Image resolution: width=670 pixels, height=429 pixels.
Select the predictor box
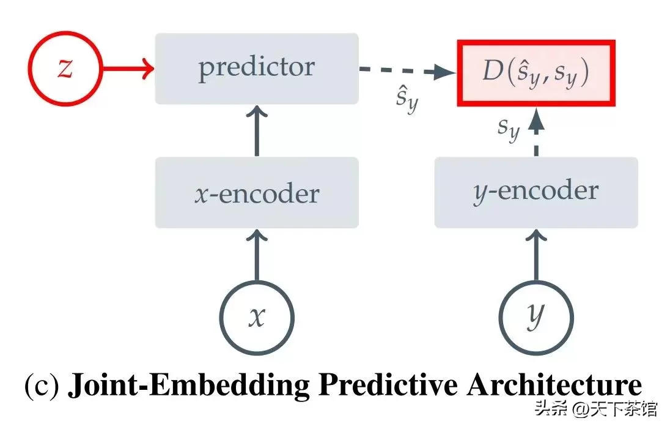256,69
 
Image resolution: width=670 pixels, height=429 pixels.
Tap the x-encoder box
256,193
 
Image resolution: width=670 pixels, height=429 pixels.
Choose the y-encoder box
536,193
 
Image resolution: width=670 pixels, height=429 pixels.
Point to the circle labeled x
257,282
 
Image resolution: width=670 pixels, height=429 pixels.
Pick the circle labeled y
536,282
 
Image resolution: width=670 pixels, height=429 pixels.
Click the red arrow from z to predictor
128,68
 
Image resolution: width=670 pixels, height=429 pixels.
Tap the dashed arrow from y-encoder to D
536,132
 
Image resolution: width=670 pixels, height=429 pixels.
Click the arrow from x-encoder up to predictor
257,131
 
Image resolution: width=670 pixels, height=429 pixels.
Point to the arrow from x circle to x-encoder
257,255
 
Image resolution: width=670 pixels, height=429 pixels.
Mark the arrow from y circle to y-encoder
536,255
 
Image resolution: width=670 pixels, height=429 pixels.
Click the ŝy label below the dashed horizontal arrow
407,99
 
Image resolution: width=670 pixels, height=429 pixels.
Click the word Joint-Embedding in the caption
188,386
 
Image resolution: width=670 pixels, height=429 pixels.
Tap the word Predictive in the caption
388,384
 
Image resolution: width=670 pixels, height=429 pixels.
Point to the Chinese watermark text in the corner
596,408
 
